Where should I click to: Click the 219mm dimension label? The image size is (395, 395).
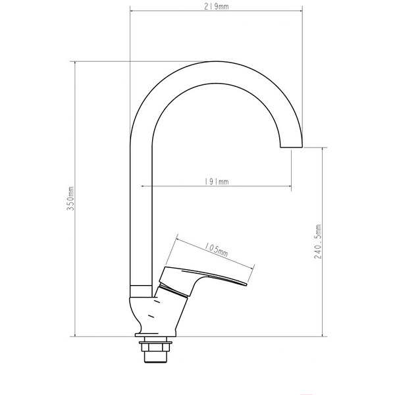(215, 7)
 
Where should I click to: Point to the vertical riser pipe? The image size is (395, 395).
(142, 217)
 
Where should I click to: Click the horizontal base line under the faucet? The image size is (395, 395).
(197, 336)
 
